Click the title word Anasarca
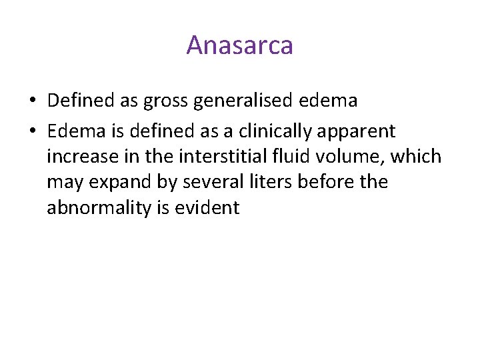pos(239,45)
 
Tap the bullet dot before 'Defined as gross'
pos(33,101)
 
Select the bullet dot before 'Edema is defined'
pos(33,131)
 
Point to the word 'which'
pos(417,157)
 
